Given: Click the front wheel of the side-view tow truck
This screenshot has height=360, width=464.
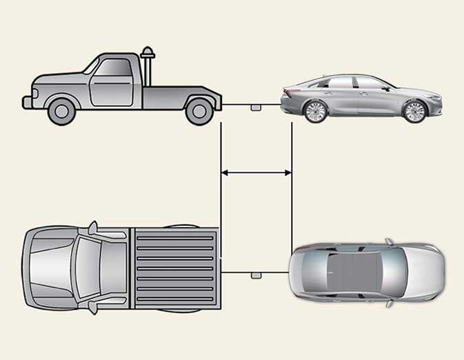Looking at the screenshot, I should (x=61, y=110).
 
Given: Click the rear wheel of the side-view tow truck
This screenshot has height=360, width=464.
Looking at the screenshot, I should (x=199, y=110).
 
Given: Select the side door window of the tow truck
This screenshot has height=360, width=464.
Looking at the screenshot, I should (x=112, y=68).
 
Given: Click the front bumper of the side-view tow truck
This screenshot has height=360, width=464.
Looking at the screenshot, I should (x=27, y=102).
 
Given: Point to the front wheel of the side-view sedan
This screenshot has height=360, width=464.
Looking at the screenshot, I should (x=414, y=111).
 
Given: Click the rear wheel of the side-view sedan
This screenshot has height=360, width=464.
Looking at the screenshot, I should (x=315, y=111).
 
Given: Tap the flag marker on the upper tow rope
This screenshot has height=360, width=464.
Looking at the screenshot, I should (x=256, y=108).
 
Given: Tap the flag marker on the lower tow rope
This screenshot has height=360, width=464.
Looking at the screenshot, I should (x=256, y=275).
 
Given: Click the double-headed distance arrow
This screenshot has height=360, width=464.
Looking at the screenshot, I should (x=256, y=173).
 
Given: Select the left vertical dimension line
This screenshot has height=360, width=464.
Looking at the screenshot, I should (x=220, y=186).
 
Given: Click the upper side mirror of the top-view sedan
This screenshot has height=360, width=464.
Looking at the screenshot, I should (x=389, y=242).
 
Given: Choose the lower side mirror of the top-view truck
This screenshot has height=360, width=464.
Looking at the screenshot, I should (x=92, y=307).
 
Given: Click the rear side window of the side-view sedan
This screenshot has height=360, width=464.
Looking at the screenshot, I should (x=340, y=83).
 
